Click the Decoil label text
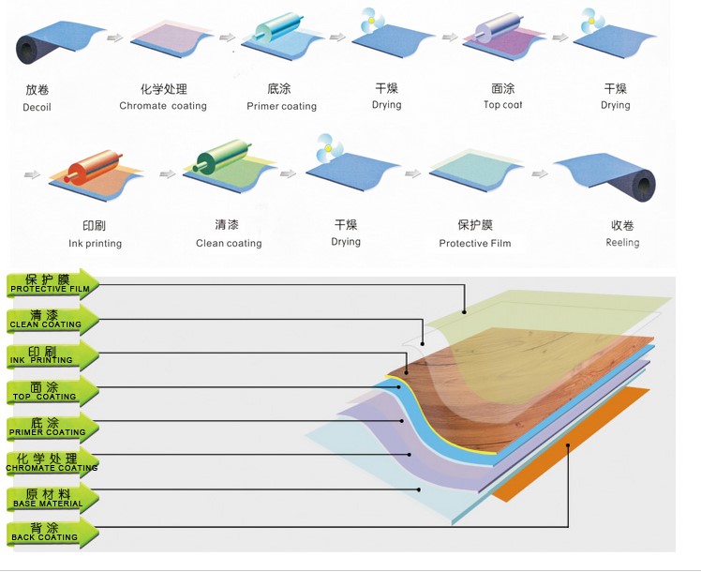click(x=37, y=107)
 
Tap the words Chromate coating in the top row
click(x=163, y=106)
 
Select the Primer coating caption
click(x=282, y=107)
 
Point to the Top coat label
click(x=503, y=105)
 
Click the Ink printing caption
click(x=96, y=244)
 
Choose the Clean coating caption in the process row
click(x=229, y=243)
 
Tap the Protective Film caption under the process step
click(x=475, y=243)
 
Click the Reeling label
click(x=622, y=242)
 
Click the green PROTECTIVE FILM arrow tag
click(x=52, y=284)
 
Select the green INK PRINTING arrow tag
click(x=52, y=355)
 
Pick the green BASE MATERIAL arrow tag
click(x=52, y=498)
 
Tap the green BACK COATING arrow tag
click(x=52, y=534)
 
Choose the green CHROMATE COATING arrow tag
click(x=52, y=462)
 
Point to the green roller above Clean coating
click(x=222, y=156)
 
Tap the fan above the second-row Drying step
click(x=329, y=148)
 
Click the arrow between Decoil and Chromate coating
click(x=115, y=38)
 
